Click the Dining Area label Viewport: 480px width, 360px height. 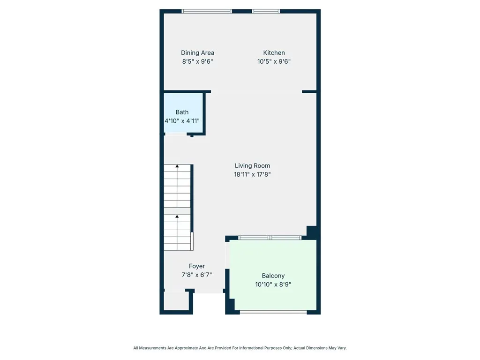click(197, 53)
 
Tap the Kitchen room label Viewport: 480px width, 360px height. click(274, 53)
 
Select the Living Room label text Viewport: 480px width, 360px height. click(252, 165)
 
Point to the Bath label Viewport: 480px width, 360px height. click(182, 112)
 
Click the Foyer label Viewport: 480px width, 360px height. click(197, 266)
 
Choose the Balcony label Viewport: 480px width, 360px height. click(273, 276)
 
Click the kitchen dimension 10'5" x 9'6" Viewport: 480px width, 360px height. click(274, 61)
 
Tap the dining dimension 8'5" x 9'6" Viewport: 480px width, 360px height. click(197, 61)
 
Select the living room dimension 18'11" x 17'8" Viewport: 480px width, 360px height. click(253, 174)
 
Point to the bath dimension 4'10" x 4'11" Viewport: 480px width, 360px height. click(182, 120)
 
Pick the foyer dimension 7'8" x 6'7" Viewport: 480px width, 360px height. click(197, 275)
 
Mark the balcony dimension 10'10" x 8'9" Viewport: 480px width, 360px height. click(273, 285)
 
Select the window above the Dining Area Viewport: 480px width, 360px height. click(207, 11)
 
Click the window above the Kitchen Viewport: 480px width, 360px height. click(266, 11)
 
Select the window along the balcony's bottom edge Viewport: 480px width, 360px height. click(273, 312)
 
